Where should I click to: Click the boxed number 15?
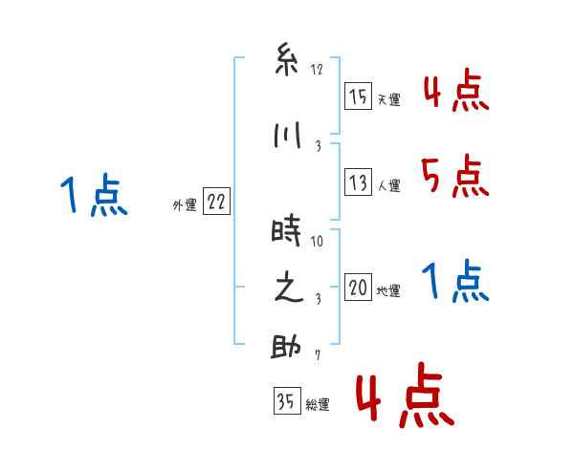click(358, 96)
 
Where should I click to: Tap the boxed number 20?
click(358, 288)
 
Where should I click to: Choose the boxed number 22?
click(216, 202)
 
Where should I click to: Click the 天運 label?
click(388, 99)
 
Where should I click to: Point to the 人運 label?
click(388, 185)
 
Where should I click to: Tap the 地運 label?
click(388, 290)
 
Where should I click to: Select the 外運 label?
click(184, 204)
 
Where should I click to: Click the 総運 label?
click(317, 404)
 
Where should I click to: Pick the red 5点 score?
click(454, 177)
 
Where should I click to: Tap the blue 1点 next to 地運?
click(454, 282)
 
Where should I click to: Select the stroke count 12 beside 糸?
click(317, 70)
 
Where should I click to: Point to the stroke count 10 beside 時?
click(317, 241)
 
